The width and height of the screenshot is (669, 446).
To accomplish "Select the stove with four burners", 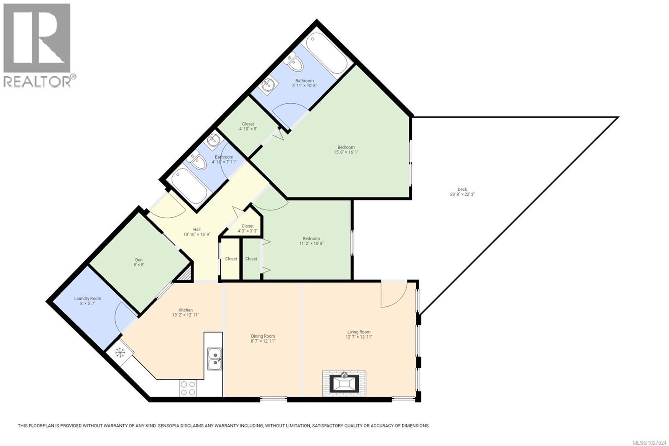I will click(x=188, y=388).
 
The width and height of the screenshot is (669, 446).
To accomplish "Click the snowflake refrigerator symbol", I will click(x=120, y=353).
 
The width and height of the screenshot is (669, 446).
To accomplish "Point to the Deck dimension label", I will click(x=462, y=194).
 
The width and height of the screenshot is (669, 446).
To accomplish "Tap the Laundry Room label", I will click(x=87, y=301).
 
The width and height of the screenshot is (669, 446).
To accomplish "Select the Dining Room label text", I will click(x=263, y=338).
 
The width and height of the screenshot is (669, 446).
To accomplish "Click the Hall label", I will click(x=197, y=232).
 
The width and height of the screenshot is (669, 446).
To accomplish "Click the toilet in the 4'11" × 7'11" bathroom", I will click(x=197, y=161).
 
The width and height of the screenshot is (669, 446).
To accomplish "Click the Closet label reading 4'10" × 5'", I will click(x=248, y=126).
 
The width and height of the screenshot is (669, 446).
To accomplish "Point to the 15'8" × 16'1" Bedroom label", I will click(x=346, y=150).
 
